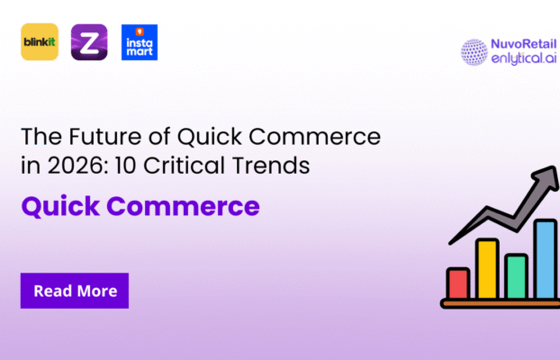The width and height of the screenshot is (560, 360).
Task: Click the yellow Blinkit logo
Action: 39,42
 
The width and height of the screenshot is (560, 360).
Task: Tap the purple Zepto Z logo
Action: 88,42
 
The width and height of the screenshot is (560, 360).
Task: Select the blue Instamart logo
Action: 139,42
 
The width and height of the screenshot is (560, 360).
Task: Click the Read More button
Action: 75,291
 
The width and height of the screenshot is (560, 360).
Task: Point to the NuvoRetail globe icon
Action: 474,51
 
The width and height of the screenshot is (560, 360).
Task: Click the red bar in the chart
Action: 457,283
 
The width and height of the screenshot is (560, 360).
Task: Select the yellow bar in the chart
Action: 487,268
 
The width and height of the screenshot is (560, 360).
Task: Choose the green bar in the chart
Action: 516,276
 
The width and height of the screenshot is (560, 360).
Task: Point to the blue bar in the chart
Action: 545,259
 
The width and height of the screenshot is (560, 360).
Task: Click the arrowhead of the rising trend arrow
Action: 546,176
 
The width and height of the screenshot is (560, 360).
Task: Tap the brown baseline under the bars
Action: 499,304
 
